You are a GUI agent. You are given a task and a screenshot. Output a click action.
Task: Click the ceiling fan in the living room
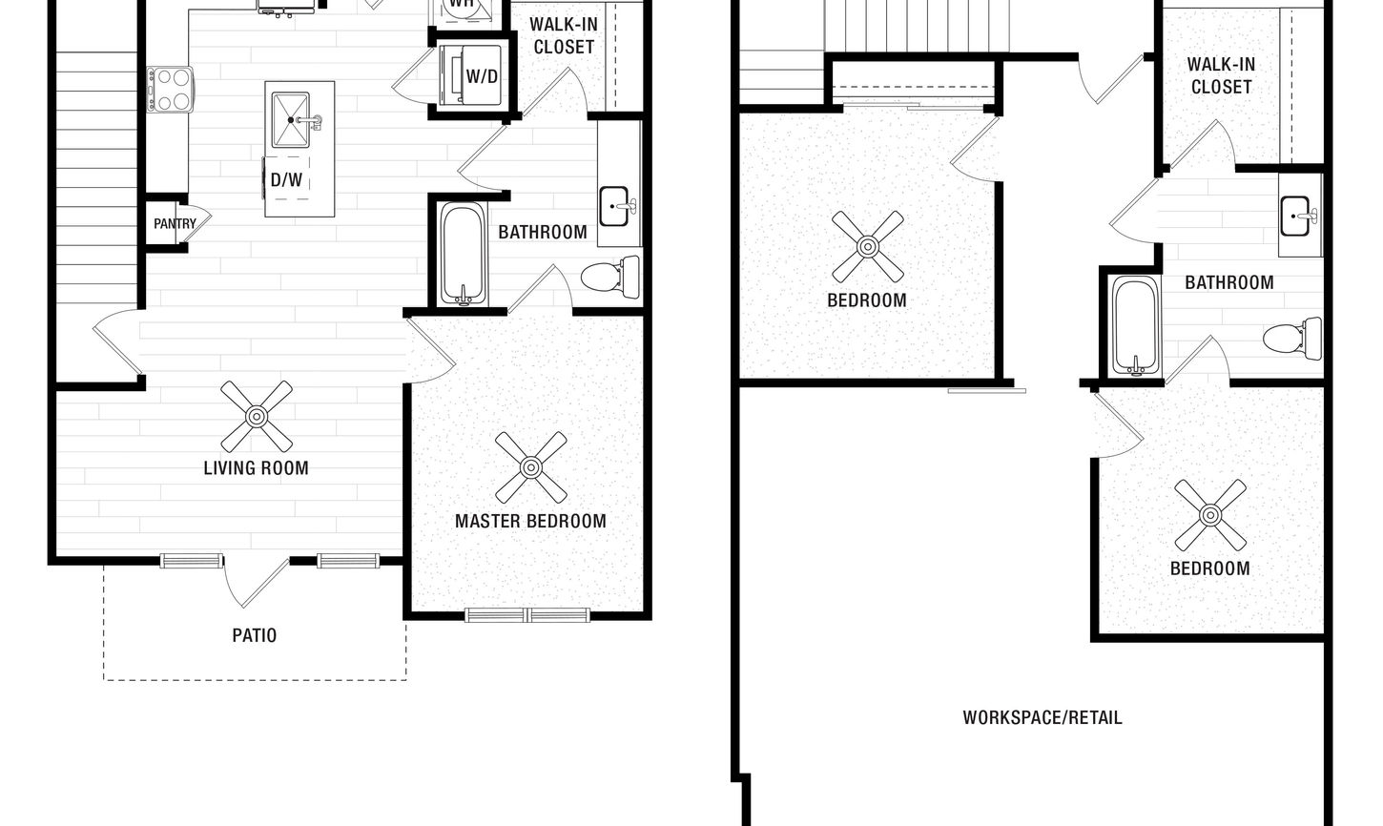[x=257, y=416]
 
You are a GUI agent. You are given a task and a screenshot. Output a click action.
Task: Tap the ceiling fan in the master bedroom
[x=531, y=467]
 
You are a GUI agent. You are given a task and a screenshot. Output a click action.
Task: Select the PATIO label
[x=255, y=635]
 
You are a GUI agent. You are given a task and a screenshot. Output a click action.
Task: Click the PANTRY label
[x=175, y=223]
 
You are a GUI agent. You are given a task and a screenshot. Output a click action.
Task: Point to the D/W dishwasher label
[x=286, y=179]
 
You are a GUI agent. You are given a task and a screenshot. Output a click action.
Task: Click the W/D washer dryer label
[x=482, y=76]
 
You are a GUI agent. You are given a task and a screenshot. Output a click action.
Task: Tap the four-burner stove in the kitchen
[x=170, y=90]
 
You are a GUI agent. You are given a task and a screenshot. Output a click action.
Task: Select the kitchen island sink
[x=291, y=120]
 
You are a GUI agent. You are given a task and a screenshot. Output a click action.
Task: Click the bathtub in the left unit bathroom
[x=463, y=254]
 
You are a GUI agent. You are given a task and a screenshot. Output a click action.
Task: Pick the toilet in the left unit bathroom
[x=610, y=278]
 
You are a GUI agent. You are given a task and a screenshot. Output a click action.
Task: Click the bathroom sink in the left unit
[x=613, y=206]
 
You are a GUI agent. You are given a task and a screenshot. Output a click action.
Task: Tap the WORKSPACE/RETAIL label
[x=1042, y=717]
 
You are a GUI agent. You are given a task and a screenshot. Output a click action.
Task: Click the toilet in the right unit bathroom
[x=1292, y=339]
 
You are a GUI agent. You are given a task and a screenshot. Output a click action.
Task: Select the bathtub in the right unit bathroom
[x=1135, y=326]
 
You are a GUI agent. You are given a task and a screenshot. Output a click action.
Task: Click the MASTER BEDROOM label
[x=530, y=521]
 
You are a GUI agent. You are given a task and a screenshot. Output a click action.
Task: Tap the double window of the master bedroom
[x=527, y=615]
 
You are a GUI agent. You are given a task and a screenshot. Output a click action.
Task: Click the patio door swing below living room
[x=257, y=582]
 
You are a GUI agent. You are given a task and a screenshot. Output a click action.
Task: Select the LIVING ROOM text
[x=257, y=468]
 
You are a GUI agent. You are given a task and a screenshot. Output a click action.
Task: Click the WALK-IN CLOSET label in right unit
[x=1221, y=75]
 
